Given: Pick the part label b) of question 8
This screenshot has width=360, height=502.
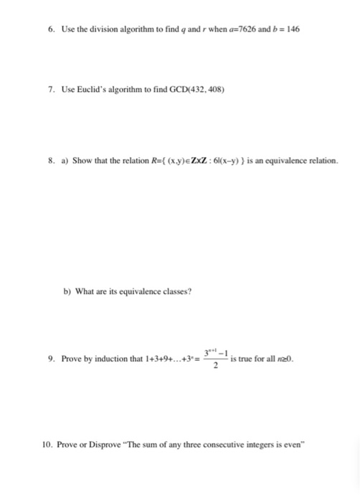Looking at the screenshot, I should coord(67,292).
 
